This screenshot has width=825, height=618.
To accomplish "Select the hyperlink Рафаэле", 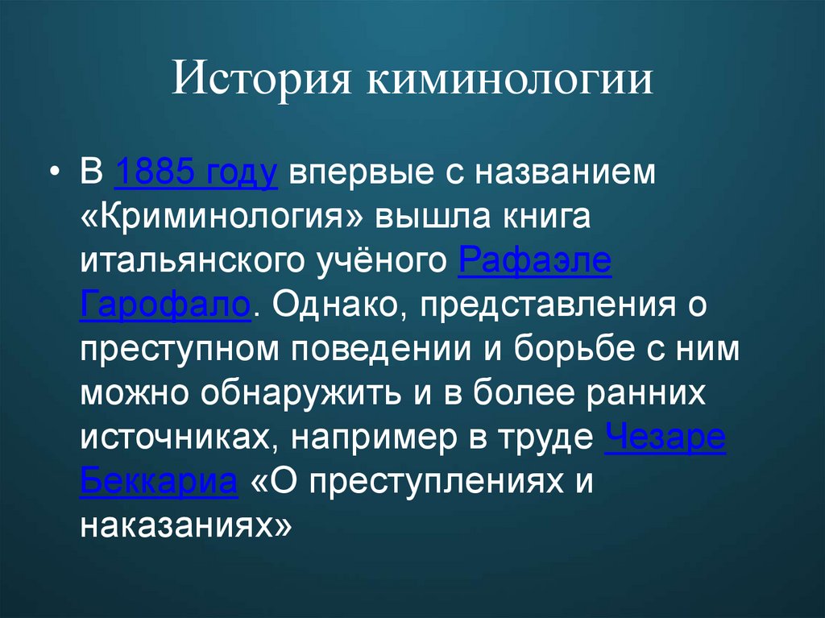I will click(534, 263).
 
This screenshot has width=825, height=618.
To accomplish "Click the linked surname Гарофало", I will click(166, 306).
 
